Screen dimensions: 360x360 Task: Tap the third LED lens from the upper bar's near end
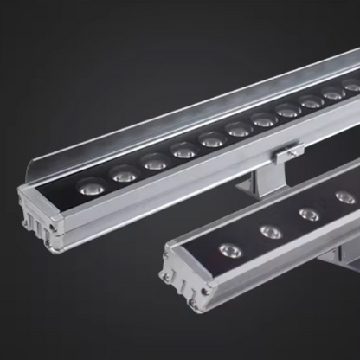(154, 160)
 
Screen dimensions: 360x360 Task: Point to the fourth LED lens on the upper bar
(183, 150)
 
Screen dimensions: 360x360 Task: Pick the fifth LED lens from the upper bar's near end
(210, 138)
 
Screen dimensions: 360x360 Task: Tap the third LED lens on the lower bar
(309, 212)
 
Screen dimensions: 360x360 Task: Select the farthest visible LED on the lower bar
(344, 196)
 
